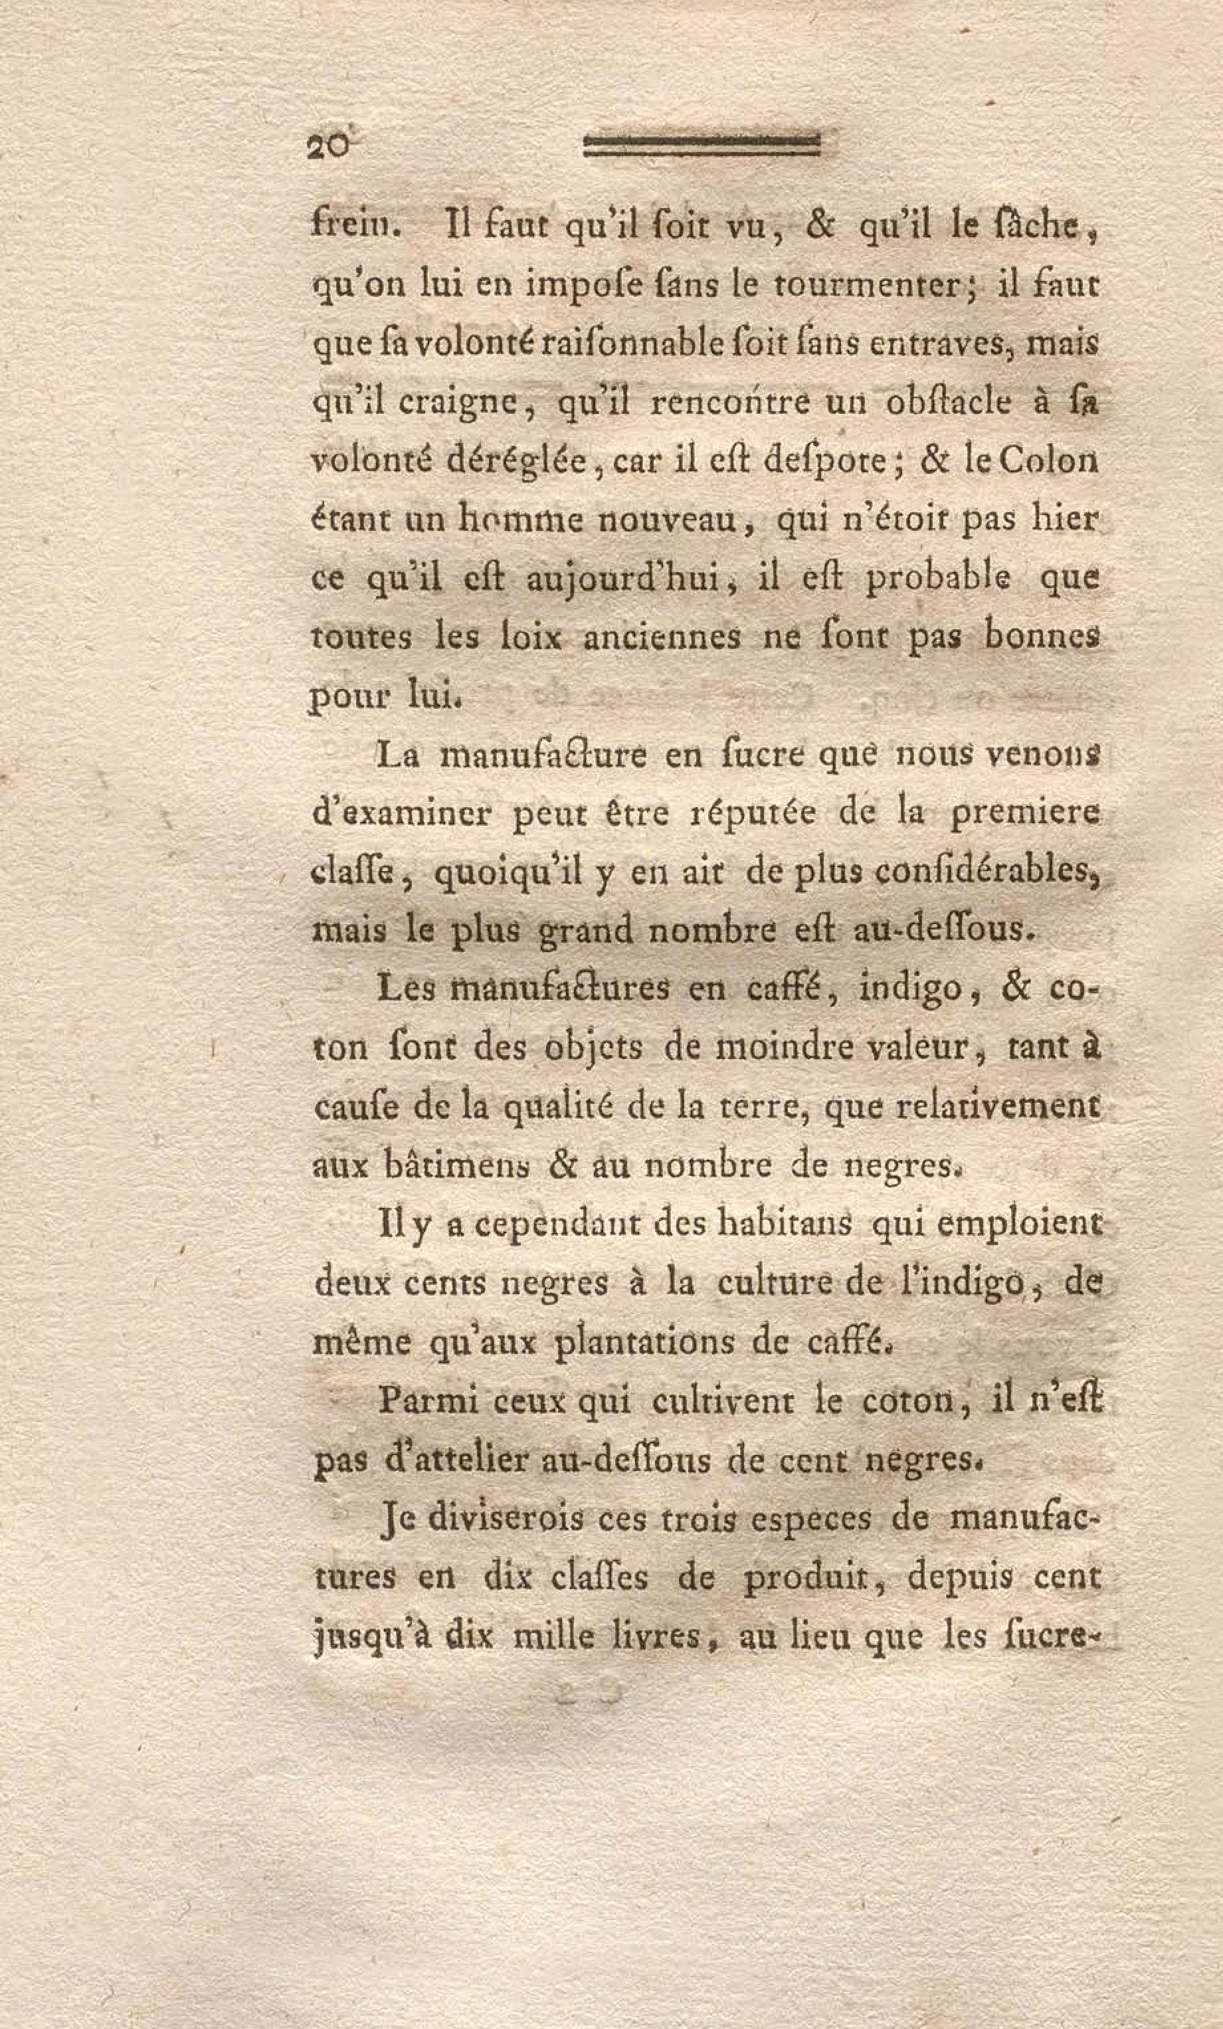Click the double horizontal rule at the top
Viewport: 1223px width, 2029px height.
tap(702, 145)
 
